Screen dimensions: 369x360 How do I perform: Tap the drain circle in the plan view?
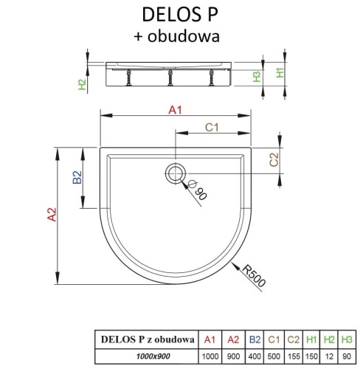point(176,173)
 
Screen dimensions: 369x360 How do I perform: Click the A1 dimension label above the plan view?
point(175,110)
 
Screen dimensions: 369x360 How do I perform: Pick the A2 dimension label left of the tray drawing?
point(50,215)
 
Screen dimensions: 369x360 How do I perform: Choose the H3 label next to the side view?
point(256,77)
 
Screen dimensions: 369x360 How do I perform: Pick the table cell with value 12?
point(328,356)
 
